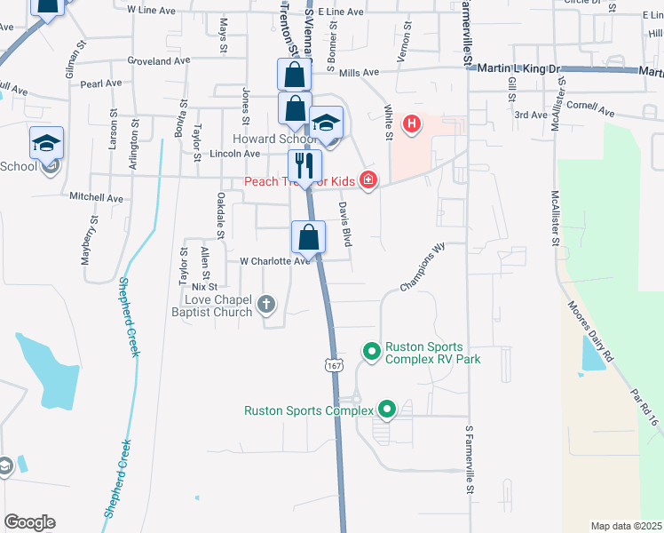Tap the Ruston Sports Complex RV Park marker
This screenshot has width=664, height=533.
click(x=372, y=353)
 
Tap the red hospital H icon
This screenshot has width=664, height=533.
click(x=411, y=124)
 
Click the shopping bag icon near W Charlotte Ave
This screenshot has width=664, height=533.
click(x=308, y=236)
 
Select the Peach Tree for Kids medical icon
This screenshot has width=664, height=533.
click(x=368, y=181)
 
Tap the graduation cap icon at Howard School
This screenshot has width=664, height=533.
click(x=327, y=123)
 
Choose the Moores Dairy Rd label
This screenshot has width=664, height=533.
click(x=590, y=330)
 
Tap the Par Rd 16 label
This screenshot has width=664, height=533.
click(x=644, y=404)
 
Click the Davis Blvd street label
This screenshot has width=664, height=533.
click(x=345, y=225)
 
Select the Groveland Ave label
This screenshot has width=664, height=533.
click(x=160, y=61)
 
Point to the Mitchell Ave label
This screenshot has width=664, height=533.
click(x=97, y=196)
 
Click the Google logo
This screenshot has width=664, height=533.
click(x=29, y=522)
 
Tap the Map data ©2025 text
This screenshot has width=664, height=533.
click(x=626, y=526)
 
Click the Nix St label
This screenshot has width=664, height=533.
click(x=204, y=287)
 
